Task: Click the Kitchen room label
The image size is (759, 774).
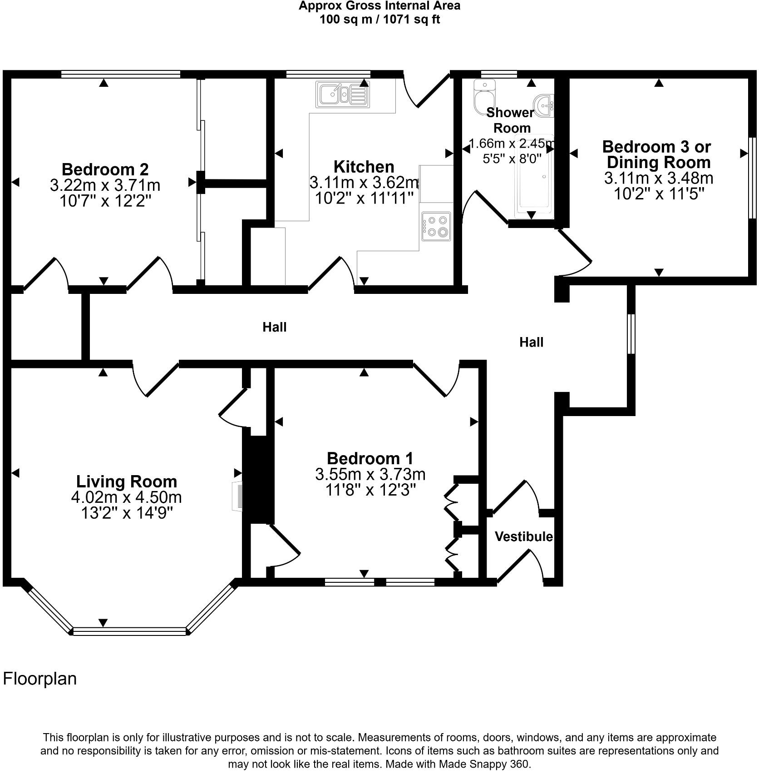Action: tap(364, 166)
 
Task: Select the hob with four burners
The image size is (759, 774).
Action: tap(436, 226)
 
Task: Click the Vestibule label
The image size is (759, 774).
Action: tap(523, 536)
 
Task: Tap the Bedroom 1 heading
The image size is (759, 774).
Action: tap(370, 458)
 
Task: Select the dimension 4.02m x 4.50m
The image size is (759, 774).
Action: tap(126, 497)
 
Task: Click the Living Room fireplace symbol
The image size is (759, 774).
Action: tap(237, 496)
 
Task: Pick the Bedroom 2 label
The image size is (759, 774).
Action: tap(105, 169)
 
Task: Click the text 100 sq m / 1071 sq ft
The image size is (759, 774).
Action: tap(379, 20)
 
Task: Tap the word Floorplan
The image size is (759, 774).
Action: tap(40, 679)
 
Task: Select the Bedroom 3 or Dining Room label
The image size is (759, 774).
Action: tap(658, 154)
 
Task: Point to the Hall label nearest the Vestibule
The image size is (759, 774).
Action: tap(531, 342)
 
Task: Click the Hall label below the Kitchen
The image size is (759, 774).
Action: tap(274, 327)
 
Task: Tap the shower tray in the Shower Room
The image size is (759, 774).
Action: tap(534, 175)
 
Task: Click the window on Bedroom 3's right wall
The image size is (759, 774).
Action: tap(752, 173)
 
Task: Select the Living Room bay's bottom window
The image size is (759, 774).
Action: tap(129, 631)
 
